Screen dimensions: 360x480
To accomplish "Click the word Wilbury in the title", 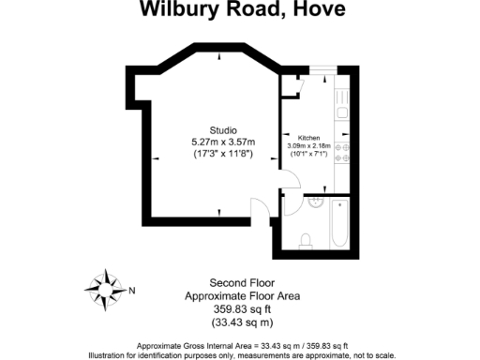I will click(175, 10).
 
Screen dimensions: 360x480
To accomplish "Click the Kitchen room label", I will click(310, 137).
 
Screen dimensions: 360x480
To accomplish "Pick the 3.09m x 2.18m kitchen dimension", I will click(310, 145).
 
